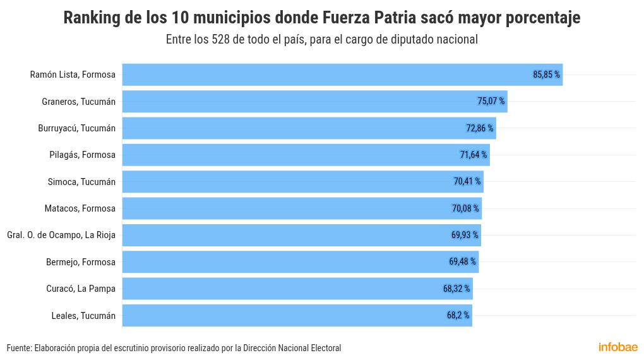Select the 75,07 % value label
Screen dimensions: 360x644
click(x=491, y=101)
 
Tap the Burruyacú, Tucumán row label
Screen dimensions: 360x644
click(x=76, y=128)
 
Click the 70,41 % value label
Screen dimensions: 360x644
click(x=467, y=182)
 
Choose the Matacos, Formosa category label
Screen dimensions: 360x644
click(x=80, y=208)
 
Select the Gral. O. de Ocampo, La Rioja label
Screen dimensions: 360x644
click(x=61, y=235)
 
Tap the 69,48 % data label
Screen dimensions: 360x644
click(x=462, y=262)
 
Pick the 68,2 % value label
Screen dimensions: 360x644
click(x=458, y=315)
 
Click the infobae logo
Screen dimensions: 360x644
click(x=617, y=347)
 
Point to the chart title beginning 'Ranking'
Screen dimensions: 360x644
click(x=322, y=18)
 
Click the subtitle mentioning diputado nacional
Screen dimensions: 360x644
click(x=322, y=39)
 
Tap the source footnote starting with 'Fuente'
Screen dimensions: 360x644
click(x=174, y=348)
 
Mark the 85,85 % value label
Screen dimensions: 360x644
click(x=546, y=75)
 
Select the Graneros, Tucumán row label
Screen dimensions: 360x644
click(x=78, y=101)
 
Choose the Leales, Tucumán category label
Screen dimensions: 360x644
click(x=83, y=315)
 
